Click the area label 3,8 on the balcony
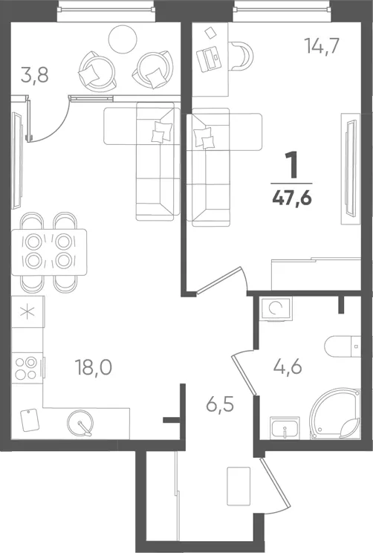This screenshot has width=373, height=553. pyautogui.click(x=34, y=76)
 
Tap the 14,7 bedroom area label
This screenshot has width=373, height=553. pyautogui.click(x=322, y=46)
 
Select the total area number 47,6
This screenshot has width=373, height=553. pyautogui.click(x=292, y=198)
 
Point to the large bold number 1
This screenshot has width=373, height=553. pyautogui.click(x=291, y=165)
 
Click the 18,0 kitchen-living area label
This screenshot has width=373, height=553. pyautogui.click(x=94, y=367)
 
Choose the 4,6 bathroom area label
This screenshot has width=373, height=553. pyautogui.click(x=288, y=366)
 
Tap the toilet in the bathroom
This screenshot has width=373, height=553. pyautogui.click(x=343, y=346)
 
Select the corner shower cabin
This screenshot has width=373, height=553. pyautogui.click(x=336, y=414)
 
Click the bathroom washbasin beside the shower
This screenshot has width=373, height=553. pyautogui.click(x=285, y=428)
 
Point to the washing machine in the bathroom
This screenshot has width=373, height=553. pyautogui.click(x=276, y=309)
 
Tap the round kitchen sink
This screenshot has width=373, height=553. pyautogui.click(x=81, y=422)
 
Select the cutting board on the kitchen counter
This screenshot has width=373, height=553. pyautogui.click(x=28, y=420)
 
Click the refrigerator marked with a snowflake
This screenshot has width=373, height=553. pyautogui.click(x=27, y=311)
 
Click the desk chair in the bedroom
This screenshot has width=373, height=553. pyautogui.click(x=241, y=55)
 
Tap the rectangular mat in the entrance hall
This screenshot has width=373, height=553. pyautogui.click(x=239, y=485)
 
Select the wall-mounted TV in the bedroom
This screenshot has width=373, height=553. pyautogui.click(x=351, y=168)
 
